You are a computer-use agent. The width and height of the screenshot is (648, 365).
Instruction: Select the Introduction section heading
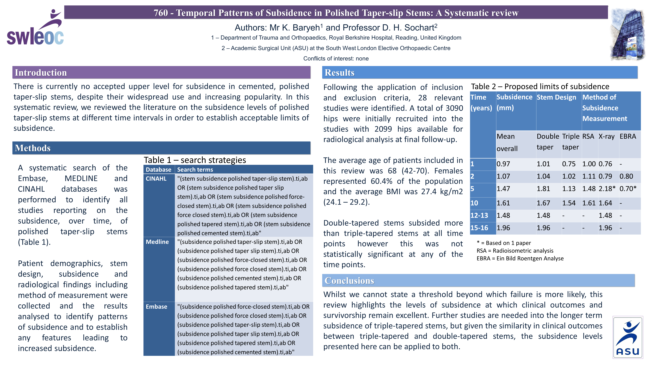click(x=41, y=73)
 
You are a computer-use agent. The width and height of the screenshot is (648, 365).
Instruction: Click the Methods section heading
click(x=33, y=148)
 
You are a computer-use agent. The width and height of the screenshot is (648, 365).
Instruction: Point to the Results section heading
click(x=339, y=73)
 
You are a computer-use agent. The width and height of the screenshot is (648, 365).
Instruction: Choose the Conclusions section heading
click(x=349, y=281)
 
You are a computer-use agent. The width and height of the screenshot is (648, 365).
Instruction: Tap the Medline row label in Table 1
click(x=157, y=242)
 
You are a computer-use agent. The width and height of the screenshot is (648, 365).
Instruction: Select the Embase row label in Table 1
click(x=156, y=307)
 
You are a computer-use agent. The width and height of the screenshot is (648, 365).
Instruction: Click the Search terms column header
click(x=195, y=170)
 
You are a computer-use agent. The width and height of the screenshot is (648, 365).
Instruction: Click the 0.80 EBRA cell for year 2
click(x=626, y=176)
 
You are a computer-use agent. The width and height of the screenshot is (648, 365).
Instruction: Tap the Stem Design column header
click(x=556, y=97)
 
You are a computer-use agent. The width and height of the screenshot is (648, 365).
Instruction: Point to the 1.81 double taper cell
click(x=543, y=189)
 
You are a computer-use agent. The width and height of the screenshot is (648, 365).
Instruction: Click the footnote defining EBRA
click(x=520, y=258)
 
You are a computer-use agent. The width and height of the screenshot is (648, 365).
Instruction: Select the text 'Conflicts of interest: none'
click(x=336, y=58)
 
